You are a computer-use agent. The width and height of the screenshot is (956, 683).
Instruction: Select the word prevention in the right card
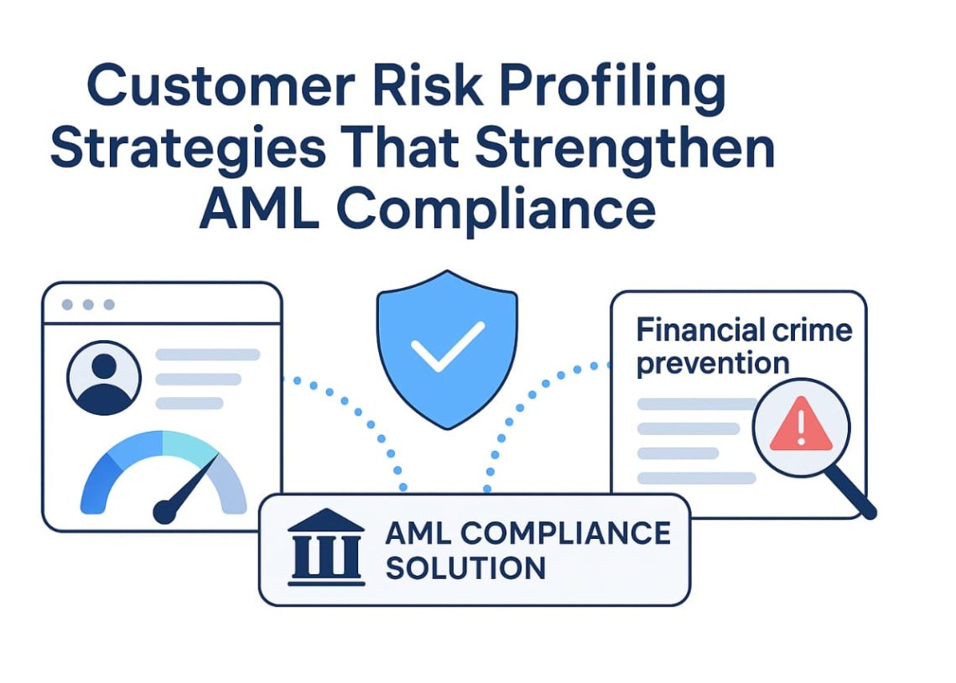pos(713,363)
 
